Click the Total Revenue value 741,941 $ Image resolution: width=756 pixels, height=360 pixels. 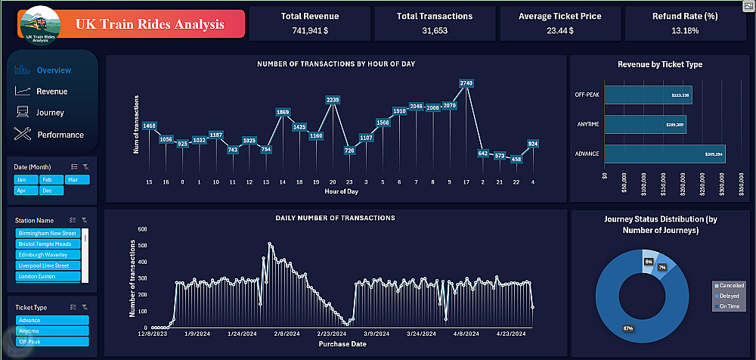click(x=310, y=31)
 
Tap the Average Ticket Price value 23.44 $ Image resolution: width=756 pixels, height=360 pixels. click(x=560, y=31)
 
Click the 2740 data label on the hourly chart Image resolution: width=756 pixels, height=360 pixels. click(x=466, y=82)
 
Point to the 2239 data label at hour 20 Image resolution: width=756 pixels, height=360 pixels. click(x=333, y=100)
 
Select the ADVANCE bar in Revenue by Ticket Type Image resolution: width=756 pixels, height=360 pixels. click(x=665, y=154)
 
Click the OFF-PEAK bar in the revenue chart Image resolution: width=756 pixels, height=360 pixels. click(x=647, y=95)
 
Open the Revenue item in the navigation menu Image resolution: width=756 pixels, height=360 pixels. click(x=51, y=92)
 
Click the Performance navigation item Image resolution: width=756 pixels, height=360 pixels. click(x=60, y=135)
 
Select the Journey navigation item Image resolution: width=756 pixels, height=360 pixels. click(x=50, y=113)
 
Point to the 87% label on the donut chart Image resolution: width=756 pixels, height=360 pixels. click(x=628, y=328)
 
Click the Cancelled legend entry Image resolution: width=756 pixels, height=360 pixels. click(x=730, y=285)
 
